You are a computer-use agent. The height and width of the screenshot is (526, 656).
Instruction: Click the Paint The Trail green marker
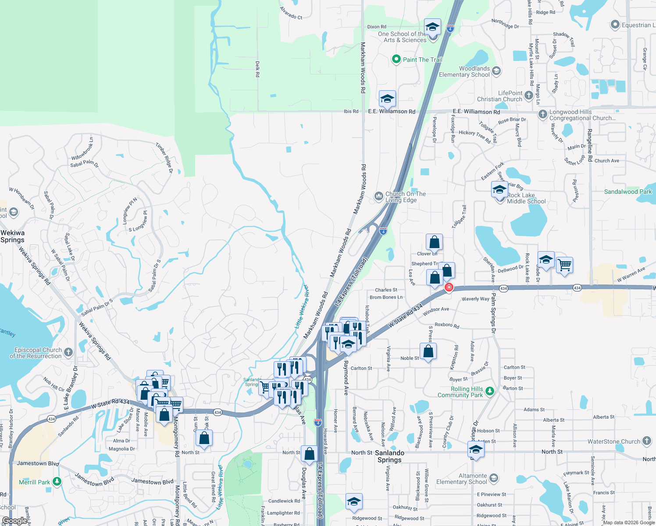396,59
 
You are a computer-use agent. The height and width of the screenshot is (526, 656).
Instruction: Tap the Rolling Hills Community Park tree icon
490,391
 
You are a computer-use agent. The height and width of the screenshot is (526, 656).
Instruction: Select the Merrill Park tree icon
57,482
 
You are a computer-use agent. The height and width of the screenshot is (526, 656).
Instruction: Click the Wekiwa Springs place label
12,236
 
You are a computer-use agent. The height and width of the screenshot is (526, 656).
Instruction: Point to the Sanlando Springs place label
389,456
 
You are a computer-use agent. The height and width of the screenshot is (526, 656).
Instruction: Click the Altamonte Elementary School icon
494,478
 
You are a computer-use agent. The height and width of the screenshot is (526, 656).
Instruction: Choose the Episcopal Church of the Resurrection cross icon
68,352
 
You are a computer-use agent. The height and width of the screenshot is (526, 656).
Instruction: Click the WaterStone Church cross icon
647,441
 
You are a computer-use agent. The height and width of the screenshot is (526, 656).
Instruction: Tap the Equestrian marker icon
615,25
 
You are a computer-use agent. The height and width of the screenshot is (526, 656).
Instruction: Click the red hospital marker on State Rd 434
449,288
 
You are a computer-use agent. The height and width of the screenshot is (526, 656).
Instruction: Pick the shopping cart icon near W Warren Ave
564,265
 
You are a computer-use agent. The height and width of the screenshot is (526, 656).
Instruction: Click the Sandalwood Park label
627,192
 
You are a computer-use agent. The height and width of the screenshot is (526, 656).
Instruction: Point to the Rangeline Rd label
590,146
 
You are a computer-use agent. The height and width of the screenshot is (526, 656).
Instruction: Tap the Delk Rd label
257,69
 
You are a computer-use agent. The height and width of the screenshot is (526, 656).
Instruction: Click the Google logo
14,521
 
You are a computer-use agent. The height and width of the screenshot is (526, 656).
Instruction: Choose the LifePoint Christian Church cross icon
529,95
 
